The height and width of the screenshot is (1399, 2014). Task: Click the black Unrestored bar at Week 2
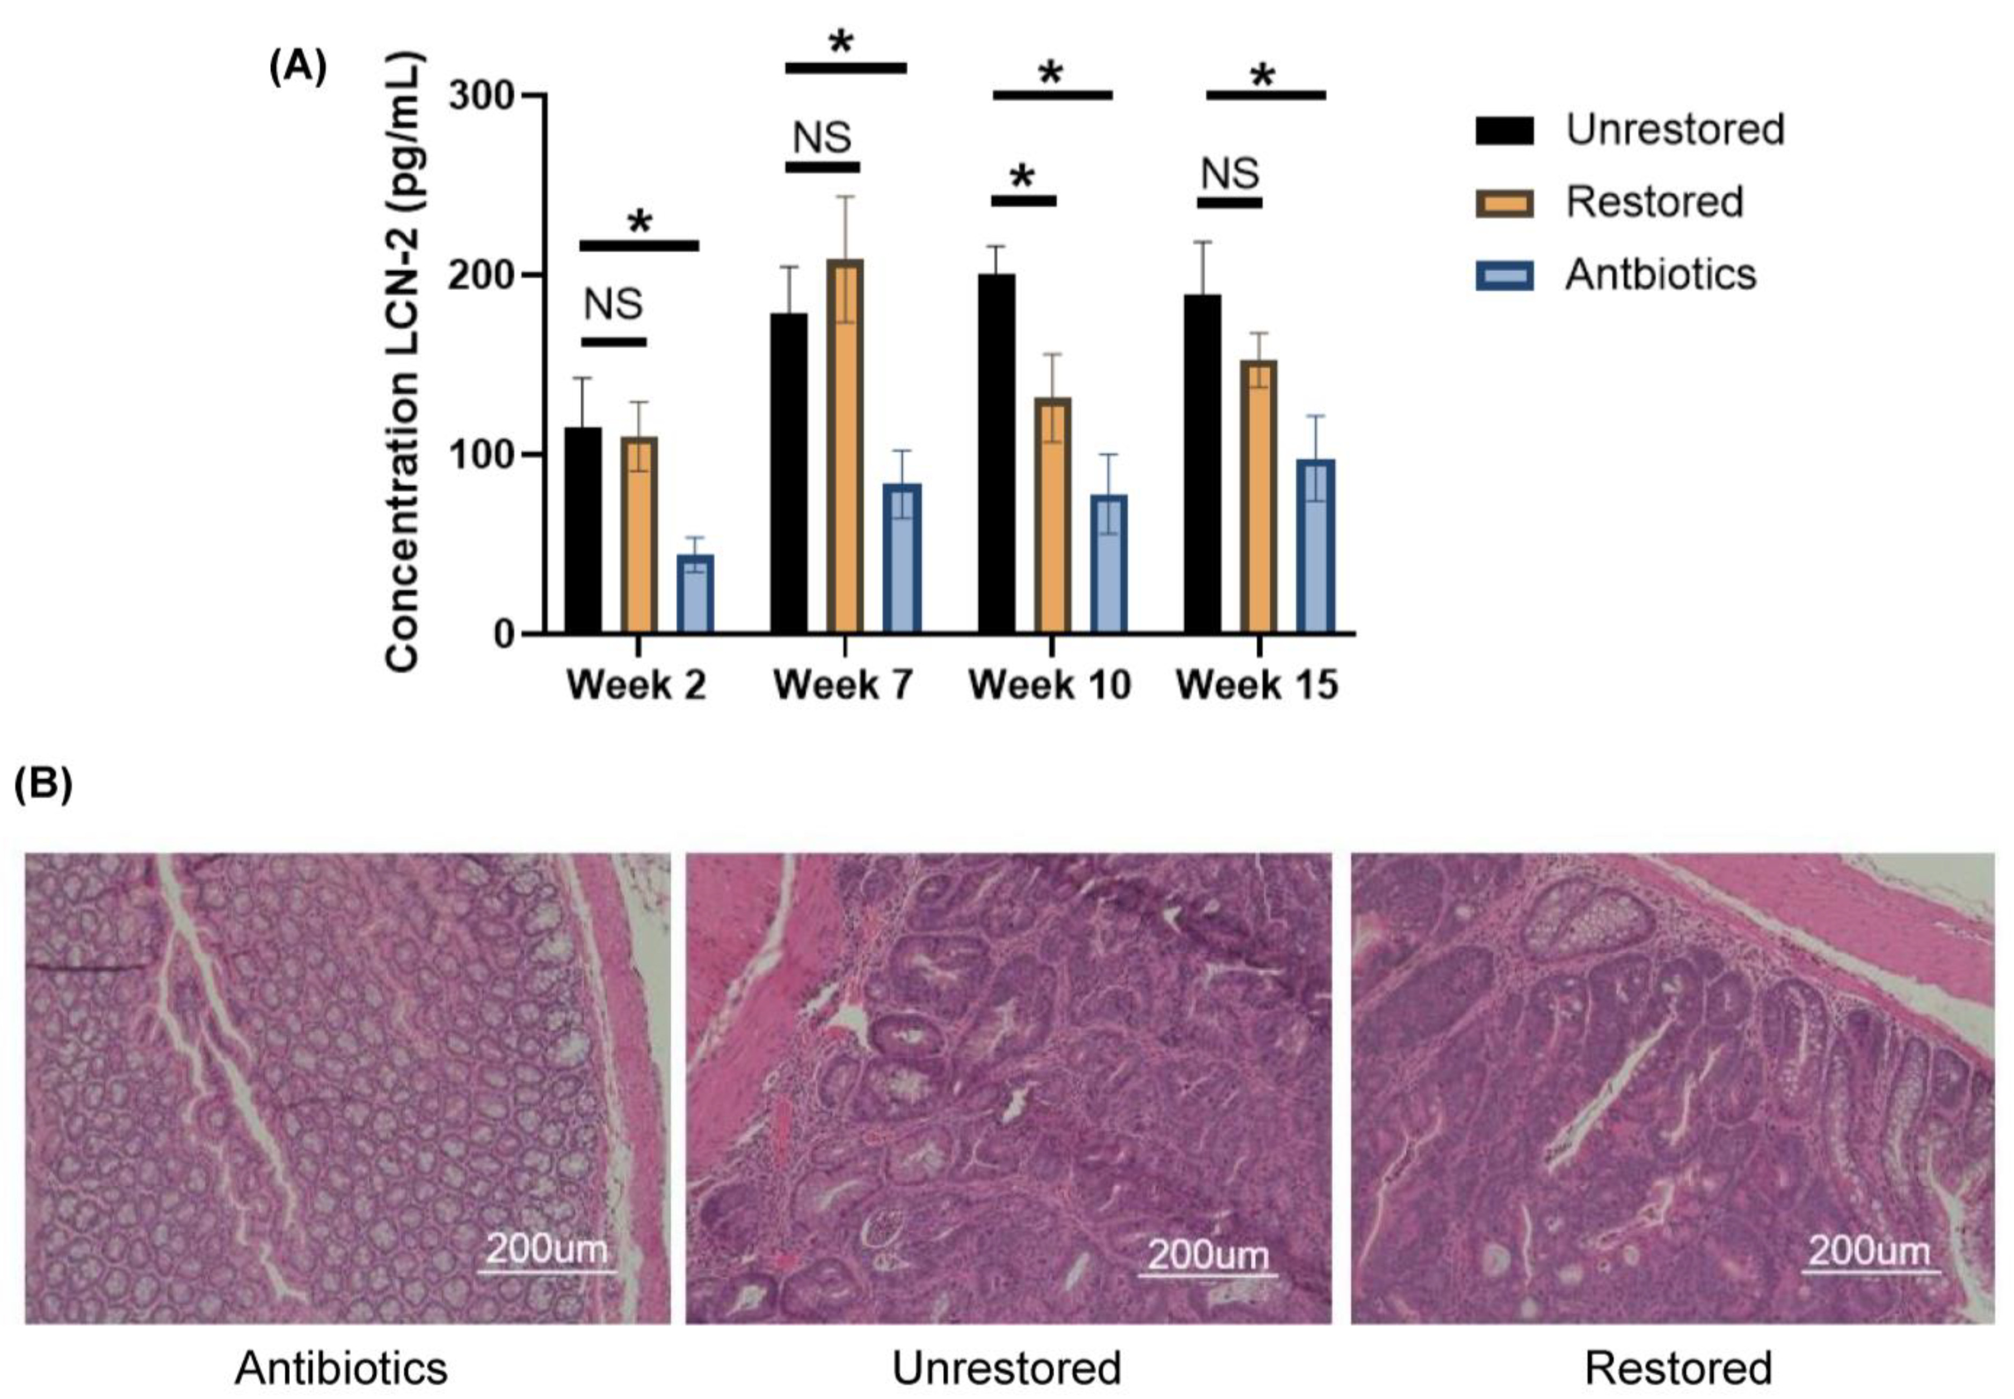pos(583,530)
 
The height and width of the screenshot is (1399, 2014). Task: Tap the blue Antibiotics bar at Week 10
pos(1108,564)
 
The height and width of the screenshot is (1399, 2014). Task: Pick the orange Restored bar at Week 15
pos(1257,496)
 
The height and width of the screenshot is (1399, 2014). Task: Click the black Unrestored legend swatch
pos(1505,131)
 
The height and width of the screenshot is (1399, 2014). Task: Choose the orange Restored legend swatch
pos(1505,204)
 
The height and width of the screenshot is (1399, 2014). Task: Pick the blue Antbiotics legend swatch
pos(1505,276)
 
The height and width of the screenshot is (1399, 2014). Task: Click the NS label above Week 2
pos(614,304)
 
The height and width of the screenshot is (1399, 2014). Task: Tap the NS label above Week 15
pos(1230,173)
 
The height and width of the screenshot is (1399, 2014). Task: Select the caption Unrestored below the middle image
pos(1006,1367)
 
